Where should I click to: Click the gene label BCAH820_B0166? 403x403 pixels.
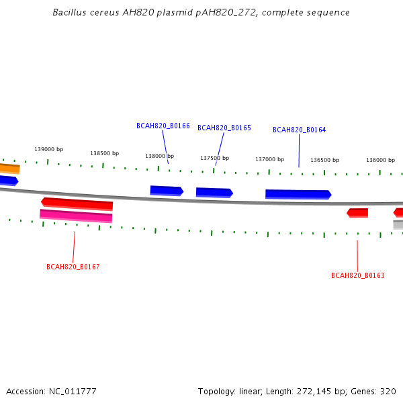pos(163,126)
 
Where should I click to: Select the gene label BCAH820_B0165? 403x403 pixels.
pos(224,128)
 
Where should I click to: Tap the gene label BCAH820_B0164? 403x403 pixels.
pos(299,130)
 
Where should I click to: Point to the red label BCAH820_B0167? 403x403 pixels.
pos(73,267)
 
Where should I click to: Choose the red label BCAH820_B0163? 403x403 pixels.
pos(358,275)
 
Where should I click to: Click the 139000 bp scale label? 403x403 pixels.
pos(49,149)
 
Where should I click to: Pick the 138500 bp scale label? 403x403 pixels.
pos(104,153)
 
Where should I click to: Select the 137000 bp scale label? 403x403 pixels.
pos(269,159)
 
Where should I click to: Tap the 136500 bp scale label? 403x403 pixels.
pos(325,160)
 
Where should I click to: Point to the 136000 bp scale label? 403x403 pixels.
pos(380,160)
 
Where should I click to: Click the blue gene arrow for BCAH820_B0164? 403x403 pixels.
pos(298,194)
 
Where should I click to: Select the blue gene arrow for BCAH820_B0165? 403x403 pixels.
pos(214,193)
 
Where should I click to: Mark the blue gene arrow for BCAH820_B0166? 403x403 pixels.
pos(167,191)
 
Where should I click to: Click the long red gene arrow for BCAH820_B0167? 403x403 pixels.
pos(77,204)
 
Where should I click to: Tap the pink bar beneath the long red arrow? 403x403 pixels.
pos(76,216)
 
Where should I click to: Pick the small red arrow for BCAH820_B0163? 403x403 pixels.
pos(357,213)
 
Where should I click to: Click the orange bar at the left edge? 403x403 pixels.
pos(10,169)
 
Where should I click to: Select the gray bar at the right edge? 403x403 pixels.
pos(398,224)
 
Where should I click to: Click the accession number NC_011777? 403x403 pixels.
pos(73,392)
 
